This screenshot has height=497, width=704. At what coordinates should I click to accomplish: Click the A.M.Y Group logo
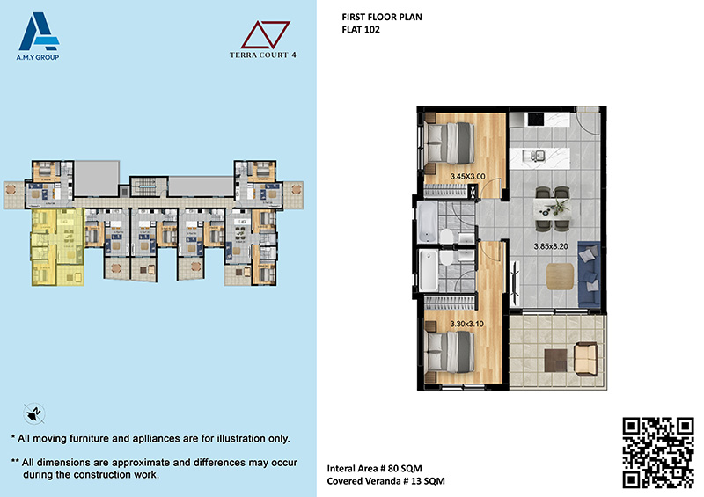click(38, 36)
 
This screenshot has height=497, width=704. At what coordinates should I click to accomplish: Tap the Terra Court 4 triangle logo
click(263, 40)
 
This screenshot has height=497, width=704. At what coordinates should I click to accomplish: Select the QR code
click(658, 452)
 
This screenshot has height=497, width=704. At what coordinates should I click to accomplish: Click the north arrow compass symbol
click(34, 413)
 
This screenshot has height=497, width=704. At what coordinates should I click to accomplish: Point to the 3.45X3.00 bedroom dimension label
click(467, 177)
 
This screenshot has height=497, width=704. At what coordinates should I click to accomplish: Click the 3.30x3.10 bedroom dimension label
click(466, 324)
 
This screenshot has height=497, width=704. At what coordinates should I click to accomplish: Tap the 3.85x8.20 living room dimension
click(551, 246)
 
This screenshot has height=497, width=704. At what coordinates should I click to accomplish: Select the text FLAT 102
click(361, 30)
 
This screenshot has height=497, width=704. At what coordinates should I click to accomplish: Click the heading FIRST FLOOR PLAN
click(382, 17)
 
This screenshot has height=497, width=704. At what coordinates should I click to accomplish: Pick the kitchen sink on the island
click(537, 156)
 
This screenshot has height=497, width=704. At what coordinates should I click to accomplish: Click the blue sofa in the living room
click(589, 274)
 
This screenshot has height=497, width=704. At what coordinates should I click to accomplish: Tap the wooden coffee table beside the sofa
click(560, 276)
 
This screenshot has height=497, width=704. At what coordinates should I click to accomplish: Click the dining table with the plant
click(553, 209)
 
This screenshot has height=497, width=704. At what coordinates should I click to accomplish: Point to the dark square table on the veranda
click(555, 361)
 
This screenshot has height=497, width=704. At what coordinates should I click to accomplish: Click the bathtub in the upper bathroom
click(427, 223)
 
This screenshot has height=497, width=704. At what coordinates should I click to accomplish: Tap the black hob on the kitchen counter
click(536, 120)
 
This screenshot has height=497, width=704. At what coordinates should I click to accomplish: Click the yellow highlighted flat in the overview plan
click(57, 247)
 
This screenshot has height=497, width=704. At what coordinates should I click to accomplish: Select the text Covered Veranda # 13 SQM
click(385, 481)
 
